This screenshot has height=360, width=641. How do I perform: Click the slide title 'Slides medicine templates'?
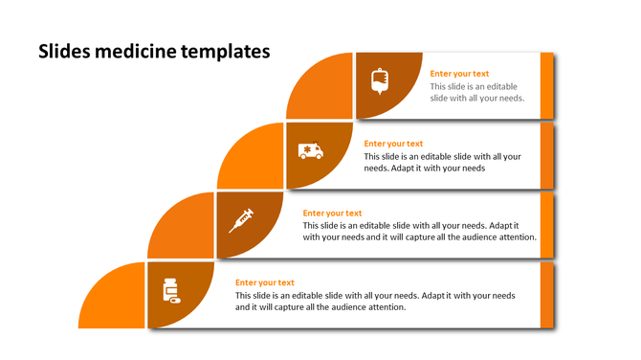pos(153,50)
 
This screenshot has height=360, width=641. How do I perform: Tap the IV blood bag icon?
pos(380,81)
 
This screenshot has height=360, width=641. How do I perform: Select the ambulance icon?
pos(310,150)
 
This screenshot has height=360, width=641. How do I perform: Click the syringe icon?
pos(241,221)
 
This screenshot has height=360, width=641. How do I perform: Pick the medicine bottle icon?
pos(171,291)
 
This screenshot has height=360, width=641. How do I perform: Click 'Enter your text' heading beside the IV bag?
pos(459,74)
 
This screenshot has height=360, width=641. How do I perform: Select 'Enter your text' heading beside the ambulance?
pos(393,144)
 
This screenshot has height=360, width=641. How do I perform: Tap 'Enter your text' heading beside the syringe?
pos(332,214)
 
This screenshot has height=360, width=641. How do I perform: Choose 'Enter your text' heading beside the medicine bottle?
pos(264,282)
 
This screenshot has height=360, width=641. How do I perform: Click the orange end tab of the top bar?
pos(547,85)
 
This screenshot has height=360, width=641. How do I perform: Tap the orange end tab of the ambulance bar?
pos(547,155)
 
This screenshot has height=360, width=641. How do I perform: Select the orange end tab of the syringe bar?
pos(547,225)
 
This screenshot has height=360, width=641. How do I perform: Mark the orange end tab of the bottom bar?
pos(547,295)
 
